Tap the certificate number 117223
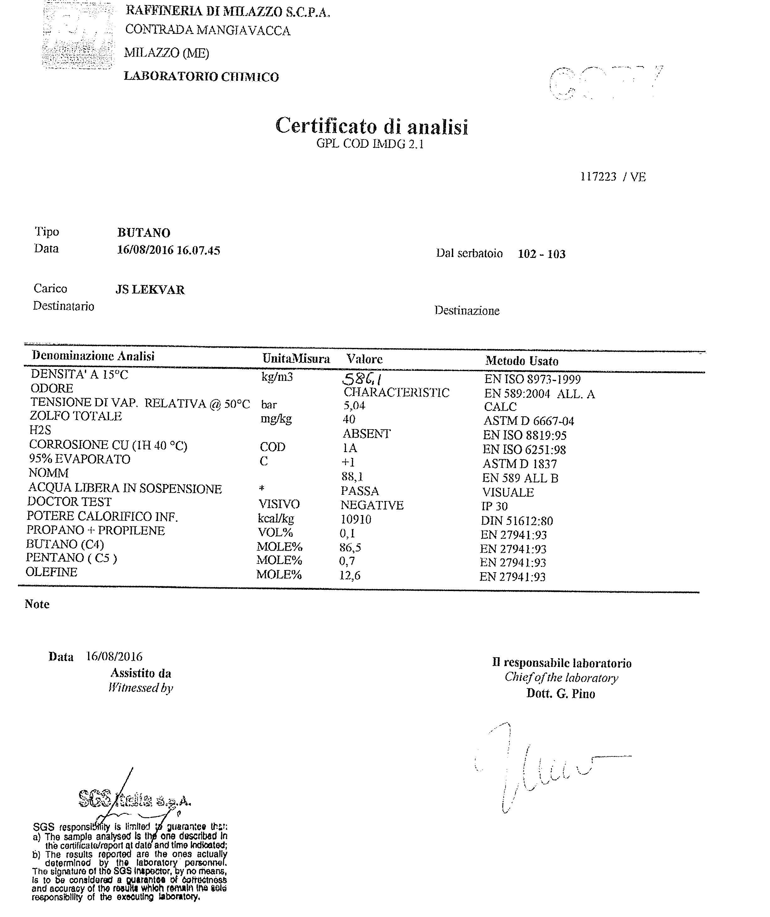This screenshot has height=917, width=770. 598,177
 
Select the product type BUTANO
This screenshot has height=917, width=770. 144,233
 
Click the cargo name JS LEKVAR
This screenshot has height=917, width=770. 150,290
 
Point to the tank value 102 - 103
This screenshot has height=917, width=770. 541,254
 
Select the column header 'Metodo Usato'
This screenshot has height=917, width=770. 521,361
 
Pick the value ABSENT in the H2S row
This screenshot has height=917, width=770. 366,434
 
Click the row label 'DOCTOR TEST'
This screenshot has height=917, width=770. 69,502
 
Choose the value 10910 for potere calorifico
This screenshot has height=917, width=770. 356,520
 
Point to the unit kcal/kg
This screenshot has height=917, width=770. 275,519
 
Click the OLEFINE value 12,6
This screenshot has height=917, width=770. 350,576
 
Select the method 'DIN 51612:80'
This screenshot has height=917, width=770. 517,521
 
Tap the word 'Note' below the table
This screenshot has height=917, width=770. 37,604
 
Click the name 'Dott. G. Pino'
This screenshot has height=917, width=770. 560,694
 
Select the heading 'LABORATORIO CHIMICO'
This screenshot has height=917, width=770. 201,77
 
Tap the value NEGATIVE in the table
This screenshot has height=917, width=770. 372,505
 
